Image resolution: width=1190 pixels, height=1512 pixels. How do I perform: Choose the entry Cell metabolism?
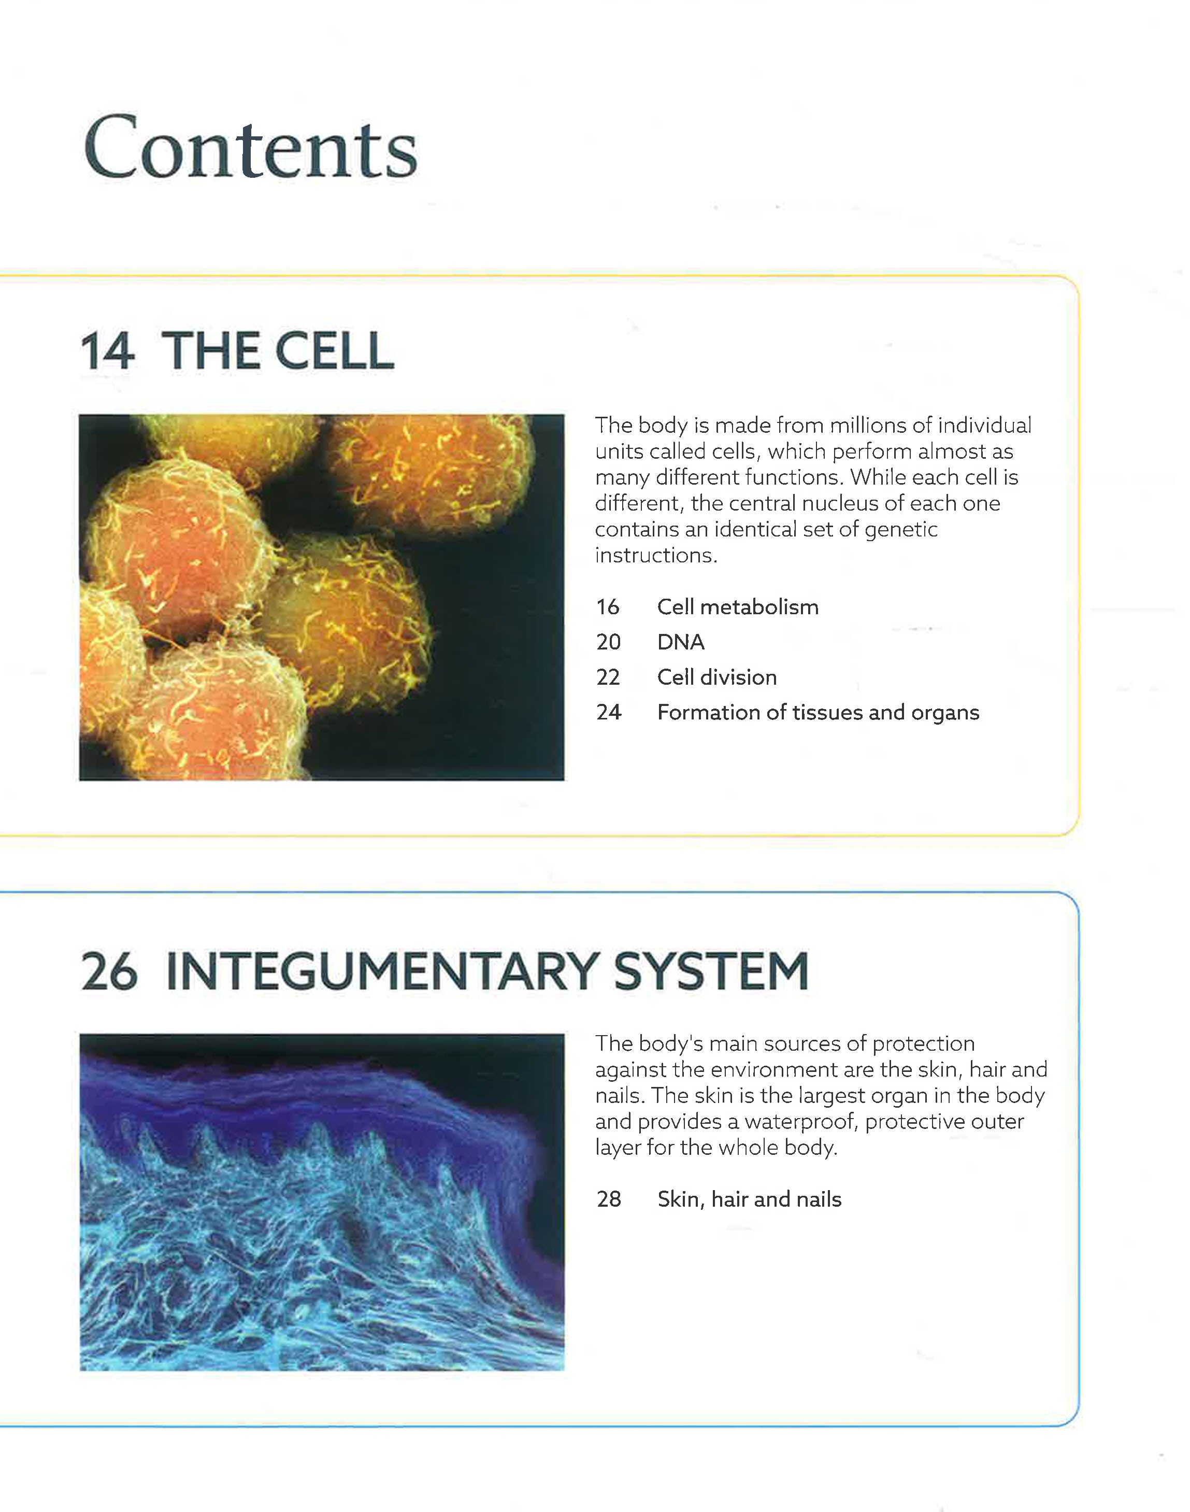coord(738,607)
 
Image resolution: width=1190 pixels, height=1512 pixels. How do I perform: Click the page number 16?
coord(608,607)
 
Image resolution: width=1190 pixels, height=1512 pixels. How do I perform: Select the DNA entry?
coord(681,642)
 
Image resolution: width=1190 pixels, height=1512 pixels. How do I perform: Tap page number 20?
coord(608,642)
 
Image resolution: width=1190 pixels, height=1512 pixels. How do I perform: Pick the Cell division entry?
coord(717,677)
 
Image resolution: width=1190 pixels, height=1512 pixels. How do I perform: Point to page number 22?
coord(608,677)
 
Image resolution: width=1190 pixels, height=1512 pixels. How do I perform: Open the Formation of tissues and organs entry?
coord(818,712)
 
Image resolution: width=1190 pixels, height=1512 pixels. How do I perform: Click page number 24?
coord(608,712)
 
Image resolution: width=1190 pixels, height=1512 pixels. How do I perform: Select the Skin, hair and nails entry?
coord(750,1199)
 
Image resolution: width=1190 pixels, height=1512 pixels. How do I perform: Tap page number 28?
coord(609,1199)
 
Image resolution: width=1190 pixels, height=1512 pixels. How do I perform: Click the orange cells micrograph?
coord(322,598)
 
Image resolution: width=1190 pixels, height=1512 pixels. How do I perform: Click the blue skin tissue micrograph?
coord(322,1203)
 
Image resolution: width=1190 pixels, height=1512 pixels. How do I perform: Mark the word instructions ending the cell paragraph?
coord(656,556)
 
